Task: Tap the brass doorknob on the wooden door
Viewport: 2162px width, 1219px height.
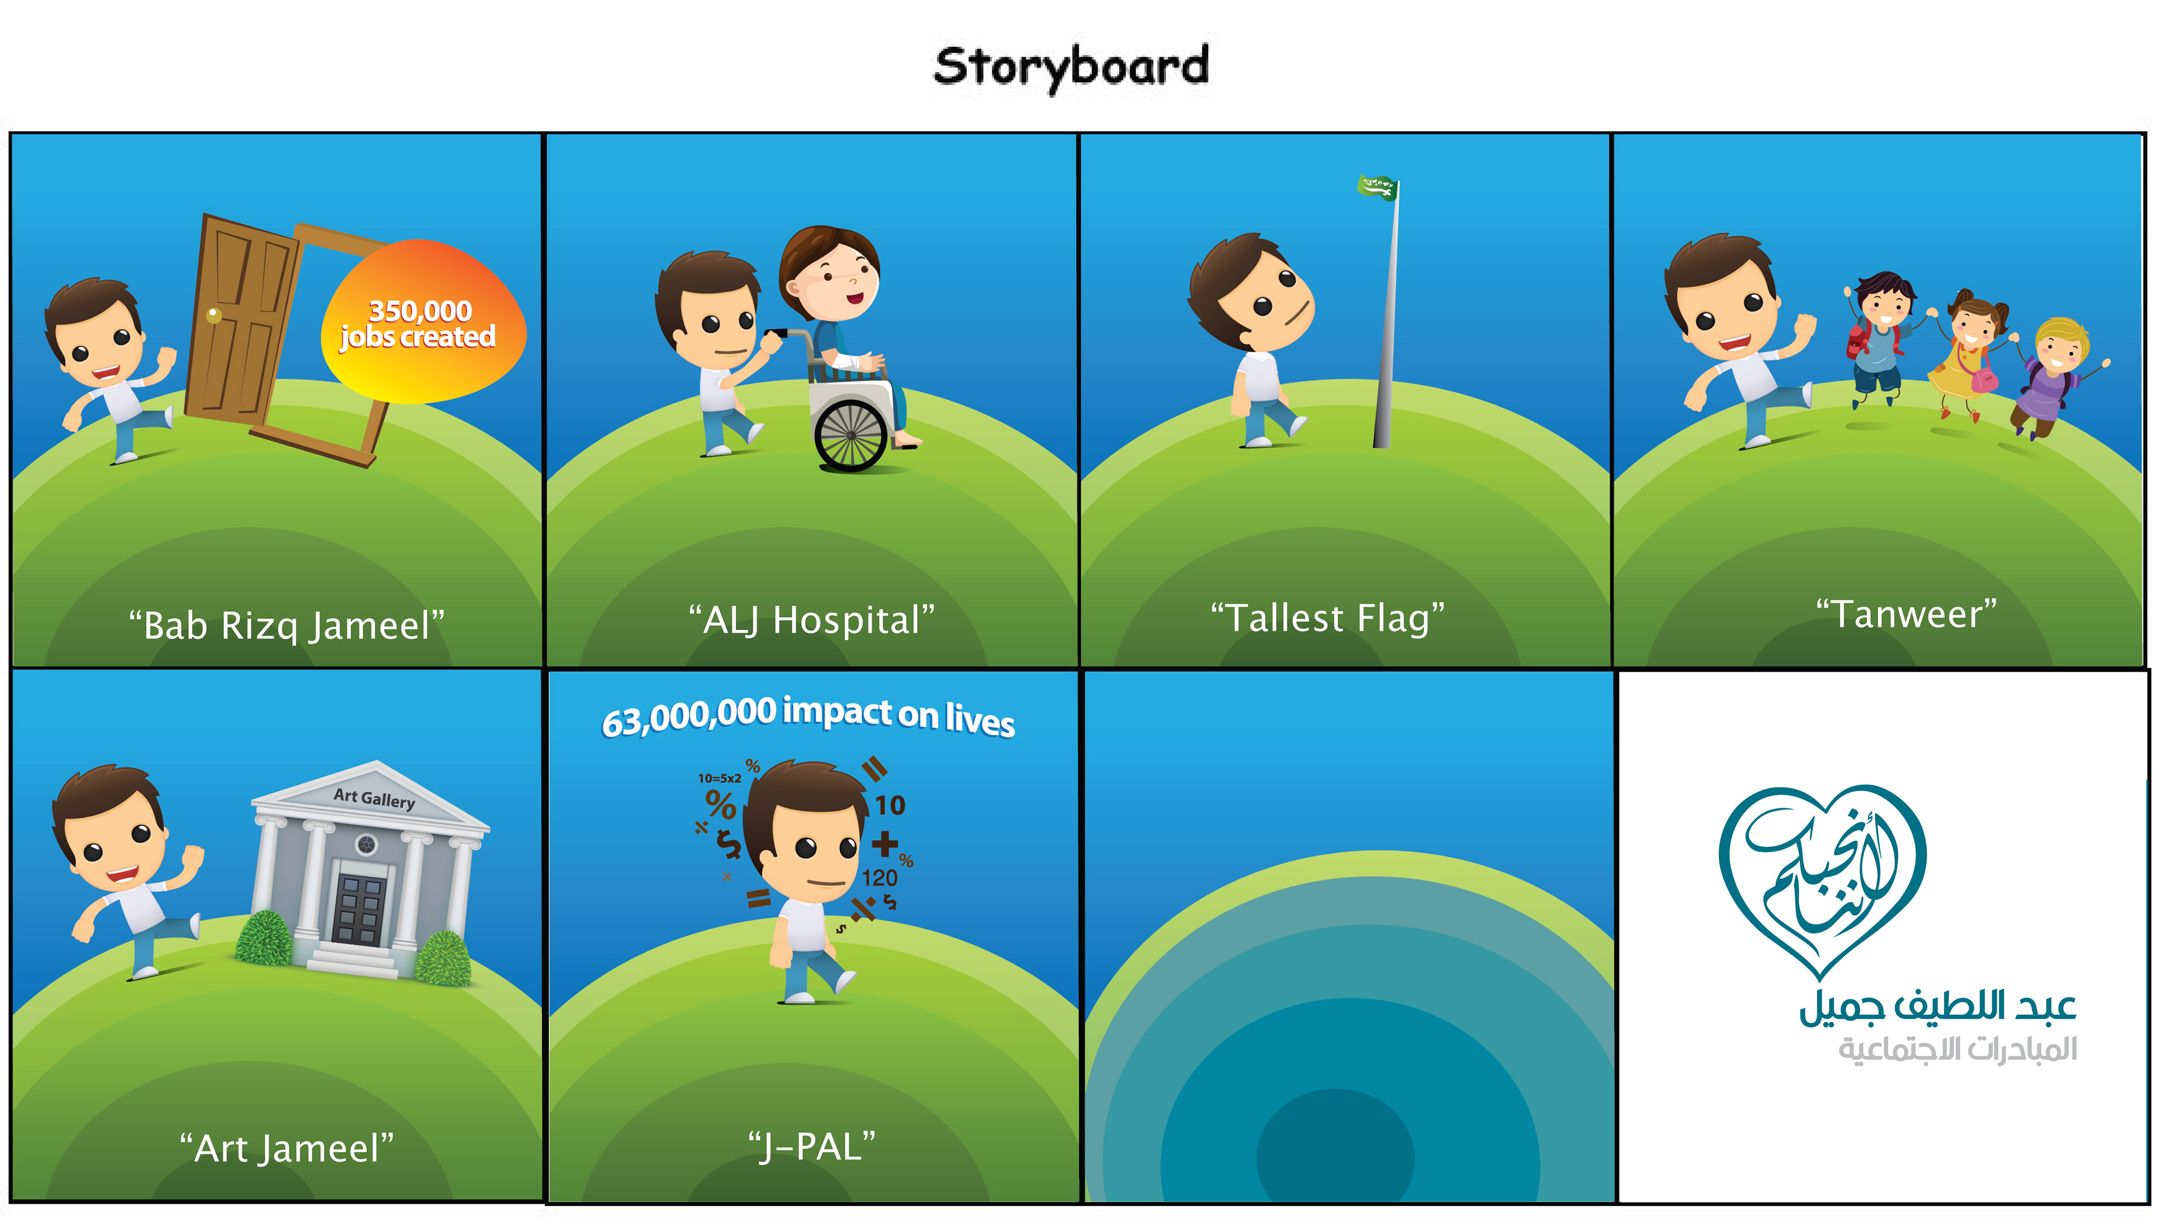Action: (214, 316)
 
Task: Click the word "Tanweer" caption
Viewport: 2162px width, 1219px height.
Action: (1906, 614)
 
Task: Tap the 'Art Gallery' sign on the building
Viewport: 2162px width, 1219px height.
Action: (374, 797)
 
